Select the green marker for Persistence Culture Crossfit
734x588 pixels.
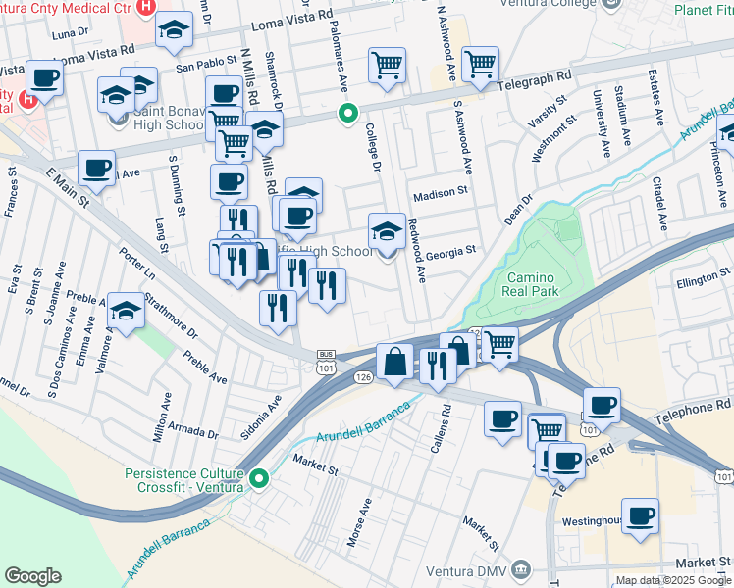pos(259,479)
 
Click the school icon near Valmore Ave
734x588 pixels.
pos(126,311)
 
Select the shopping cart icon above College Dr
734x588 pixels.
pos(388,65)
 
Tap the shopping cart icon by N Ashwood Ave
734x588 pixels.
pos(480,65)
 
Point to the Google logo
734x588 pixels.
pos(32,575)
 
